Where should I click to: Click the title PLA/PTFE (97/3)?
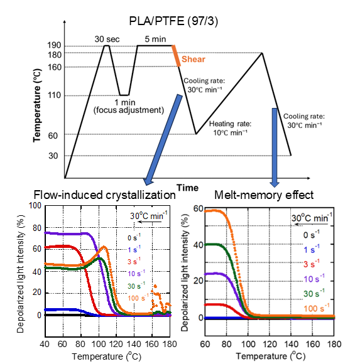coord(173,21)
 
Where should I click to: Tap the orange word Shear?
coord(194,59)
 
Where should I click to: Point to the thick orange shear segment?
coord(176,56)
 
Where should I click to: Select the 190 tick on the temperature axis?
coord(55,45)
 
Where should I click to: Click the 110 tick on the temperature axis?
coord(55,95)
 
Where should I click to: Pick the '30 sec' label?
coord(107,40)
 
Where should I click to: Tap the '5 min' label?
coord(155,39)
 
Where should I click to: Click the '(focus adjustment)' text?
coord(129,110)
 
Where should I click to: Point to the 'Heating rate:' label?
coord(230,124)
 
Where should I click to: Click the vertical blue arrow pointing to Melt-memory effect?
coord(275,147)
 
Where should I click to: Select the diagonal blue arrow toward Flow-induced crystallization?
coord(163,140)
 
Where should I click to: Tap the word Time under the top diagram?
coord(188,188)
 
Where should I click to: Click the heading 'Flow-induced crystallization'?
coord(104,195)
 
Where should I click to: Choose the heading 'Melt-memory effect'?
coord(264,195)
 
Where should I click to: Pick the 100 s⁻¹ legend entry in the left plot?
coord(138,298)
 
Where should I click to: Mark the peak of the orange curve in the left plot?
coord(104,247)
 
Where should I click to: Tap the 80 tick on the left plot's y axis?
coord(37,228)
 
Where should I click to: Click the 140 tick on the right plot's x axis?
coord(291,344)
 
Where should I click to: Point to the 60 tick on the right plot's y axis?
coord(199,209)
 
